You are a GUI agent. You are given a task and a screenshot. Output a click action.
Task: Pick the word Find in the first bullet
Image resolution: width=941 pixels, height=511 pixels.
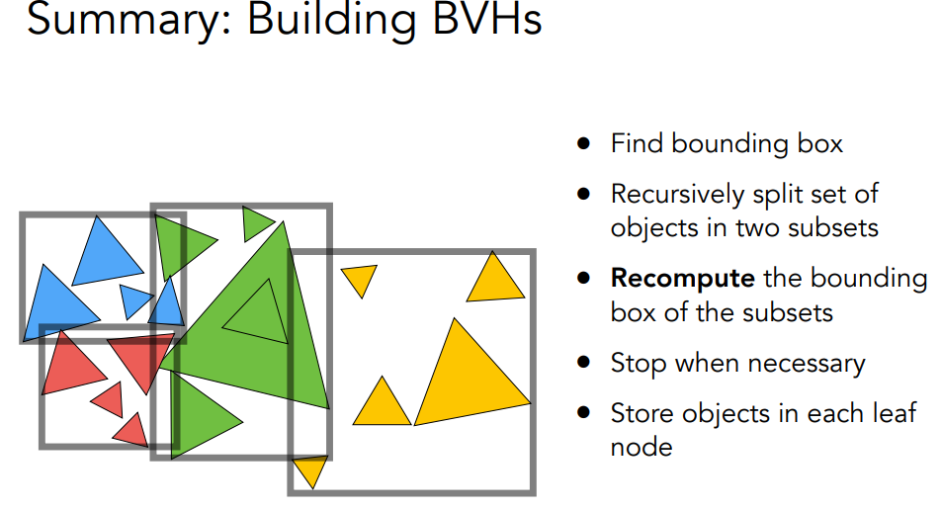636,144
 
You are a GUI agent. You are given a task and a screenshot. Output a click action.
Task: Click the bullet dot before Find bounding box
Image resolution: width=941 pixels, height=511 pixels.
585,144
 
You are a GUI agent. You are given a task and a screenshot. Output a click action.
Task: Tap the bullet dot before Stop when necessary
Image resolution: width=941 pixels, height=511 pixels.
585,363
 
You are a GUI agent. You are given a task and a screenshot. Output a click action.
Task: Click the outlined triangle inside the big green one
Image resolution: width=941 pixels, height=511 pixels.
255,311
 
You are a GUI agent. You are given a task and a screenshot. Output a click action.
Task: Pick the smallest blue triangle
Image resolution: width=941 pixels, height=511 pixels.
133,298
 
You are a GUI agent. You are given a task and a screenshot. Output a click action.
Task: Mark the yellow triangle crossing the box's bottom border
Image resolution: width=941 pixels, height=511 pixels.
310,468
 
